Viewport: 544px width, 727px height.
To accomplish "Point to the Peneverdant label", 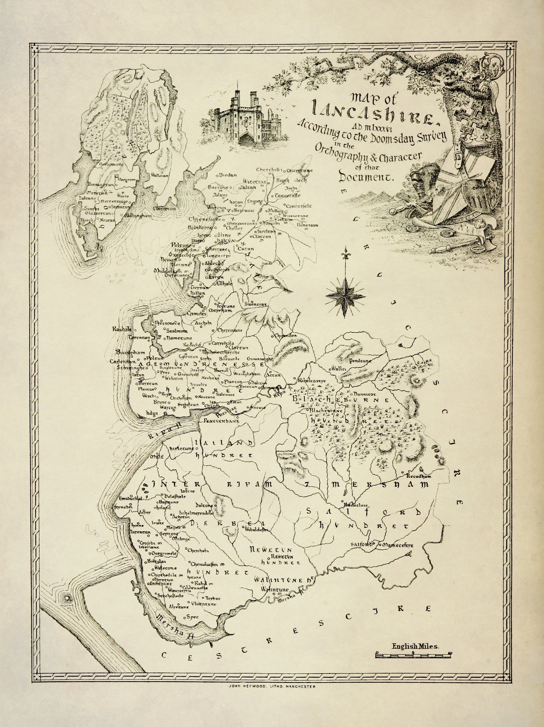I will click(220, 421).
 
